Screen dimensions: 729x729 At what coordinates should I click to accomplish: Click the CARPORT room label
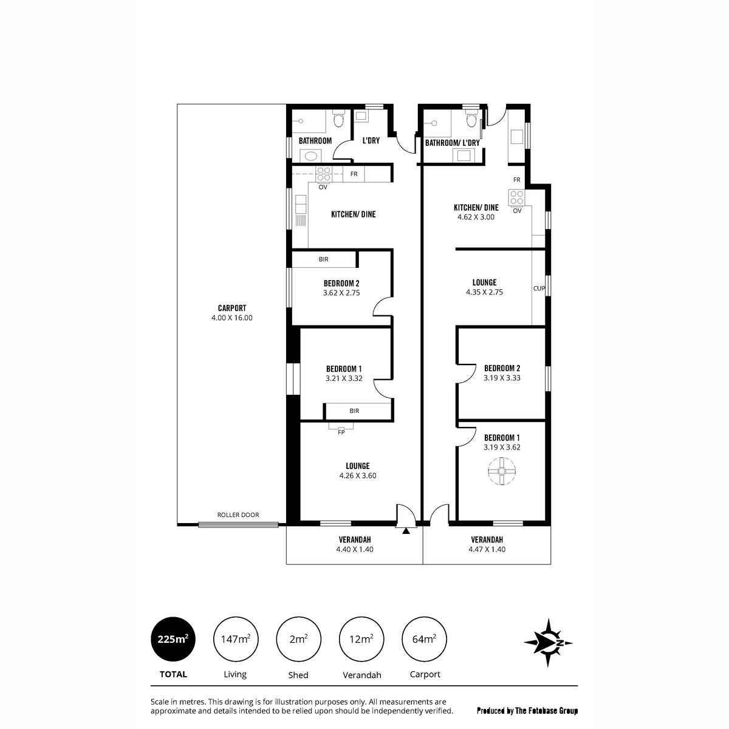pos(232,308)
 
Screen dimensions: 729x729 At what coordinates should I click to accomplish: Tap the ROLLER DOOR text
pos(238,515)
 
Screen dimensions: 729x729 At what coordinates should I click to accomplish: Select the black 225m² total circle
pos(173,639)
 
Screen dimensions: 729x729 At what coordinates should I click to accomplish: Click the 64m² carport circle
pos(424,639)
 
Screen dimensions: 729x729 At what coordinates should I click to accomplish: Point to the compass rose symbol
pos(548,642)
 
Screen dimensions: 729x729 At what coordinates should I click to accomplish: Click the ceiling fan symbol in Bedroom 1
pos(502,471)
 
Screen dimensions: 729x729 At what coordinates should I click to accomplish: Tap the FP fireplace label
pos(341,433)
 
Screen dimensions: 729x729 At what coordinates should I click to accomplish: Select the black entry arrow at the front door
pos(406,531)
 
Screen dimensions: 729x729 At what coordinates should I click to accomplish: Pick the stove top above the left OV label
pos(323,174)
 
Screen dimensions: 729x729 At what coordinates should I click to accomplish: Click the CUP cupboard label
pos(539,289)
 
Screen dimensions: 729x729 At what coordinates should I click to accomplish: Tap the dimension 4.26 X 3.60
pos(358,476)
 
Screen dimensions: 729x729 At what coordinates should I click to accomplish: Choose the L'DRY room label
pos(371,140)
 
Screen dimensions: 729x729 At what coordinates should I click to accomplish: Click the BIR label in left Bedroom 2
pos(323,259)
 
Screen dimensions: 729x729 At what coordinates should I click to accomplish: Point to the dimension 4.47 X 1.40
pos(487,549)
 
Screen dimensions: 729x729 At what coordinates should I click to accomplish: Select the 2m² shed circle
pos(298,639)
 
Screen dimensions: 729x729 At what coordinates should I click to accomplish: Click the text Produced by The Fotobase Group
pos(527,711)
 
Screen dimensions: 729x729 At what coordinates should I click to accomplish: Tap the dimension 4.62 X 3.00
pos(476,217)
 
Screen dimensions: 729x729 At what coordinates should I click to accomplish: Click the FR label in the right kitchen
pos(517,180)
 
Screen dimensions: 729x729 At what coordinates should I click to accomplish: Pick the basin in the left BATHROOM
pos(311,156)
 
